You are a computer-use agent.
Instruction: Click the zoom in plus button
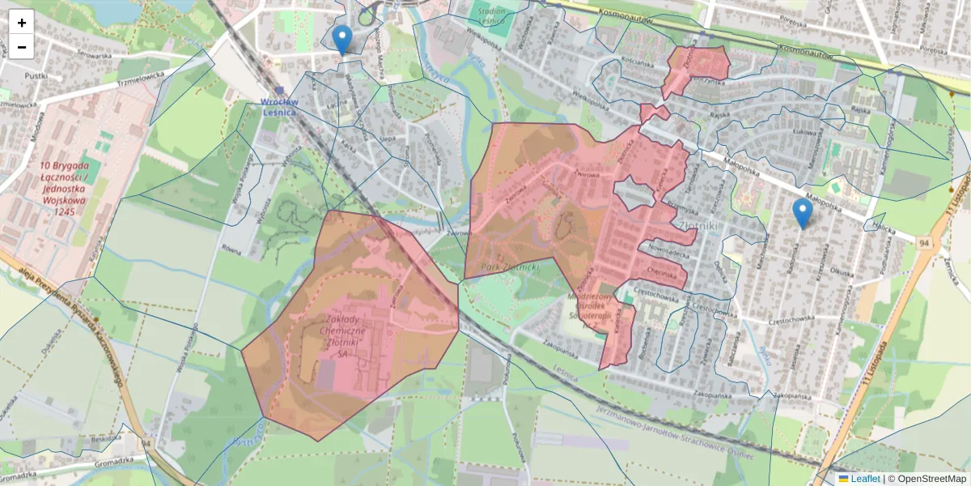tap(22, 23)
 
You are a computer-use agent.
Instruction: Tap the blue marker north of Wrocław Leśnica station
tap(342, 38)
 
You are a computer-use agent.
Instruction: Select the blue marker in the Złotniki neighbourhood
tap(802, 213)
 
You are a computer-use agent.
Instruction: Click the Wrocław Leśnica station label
tap(279, 106)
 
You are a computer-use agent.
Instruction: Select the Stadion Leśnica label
tap(491, 16)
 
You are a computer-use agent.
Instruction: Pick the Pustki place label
tap(36, 75)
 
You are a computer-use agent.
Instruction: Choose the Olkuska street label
tap(842, 273)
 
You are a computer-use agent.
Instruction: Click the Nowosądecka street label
tap(668, 252)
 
